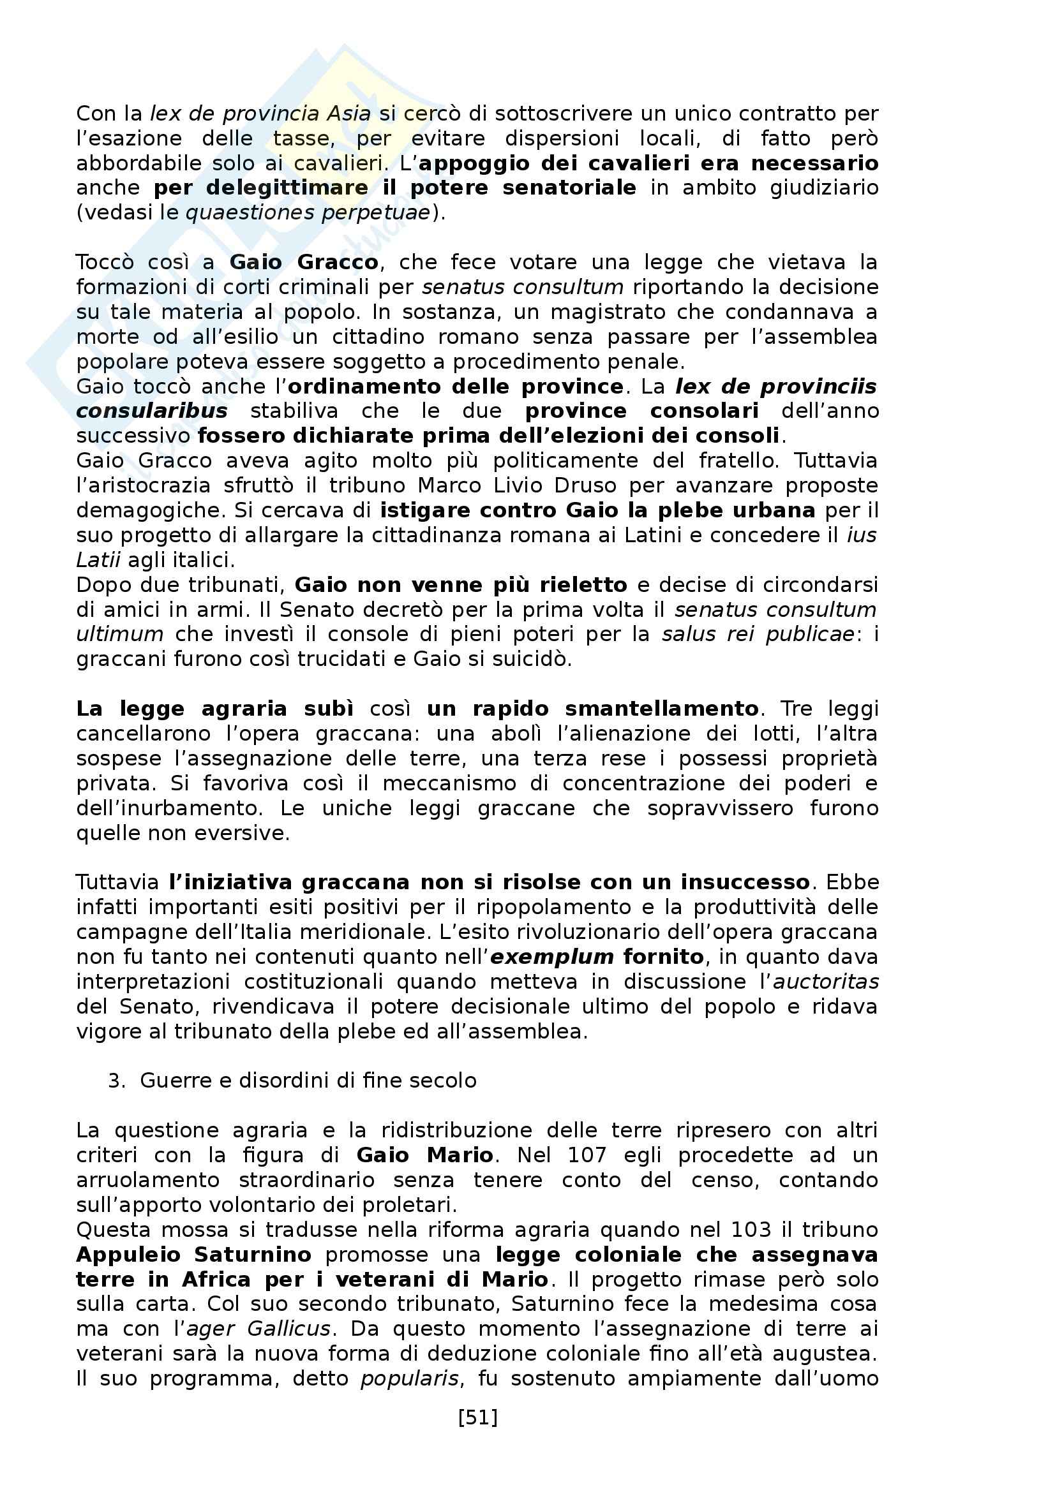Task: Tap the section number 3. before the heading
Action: (116, 1081)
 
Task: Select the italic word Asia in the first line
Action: (348, 114)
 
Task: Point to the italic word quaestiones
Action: (241, 213)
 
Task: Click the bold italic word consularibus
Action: (151, 411)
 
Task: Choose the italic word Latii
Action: (98, 560)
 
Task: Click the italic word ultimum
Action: (119, 634)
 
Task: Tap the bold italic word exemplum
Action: (552, 957)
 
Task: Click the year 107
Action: (587, 1155)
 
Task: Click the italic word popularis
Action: (410, 1379)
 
